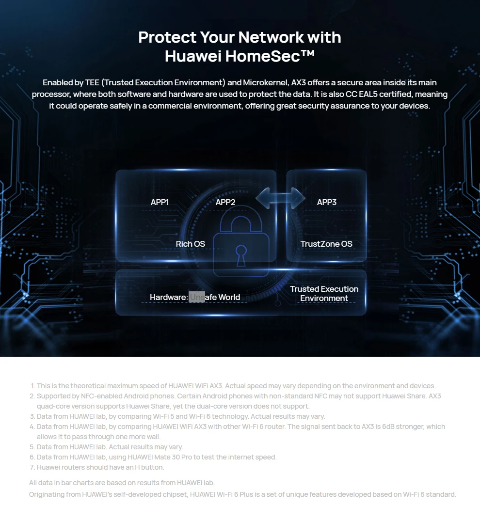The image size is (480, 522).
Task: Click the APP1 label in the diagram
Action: pos(160,202)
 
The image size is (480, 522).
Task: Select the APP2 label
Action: pos(225,202)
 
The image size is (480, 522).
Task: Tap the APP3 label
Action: pos(327,202)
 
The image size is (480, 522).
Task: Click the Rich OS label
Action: pos(191,244)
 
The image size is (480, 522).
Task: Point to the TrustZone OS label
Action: pos(326,244)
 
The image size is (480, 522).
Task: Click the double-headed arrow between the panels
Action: pos(280,197)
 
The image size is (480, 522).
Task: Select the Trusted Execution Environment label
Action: pos(324,294)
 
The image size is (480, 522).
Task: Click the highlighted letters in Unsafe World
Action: pos(197,297)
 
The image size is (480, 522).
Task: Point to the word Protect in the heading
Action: pos(164,37)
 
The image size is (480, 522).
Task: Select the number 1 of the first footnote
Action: pos(32,386)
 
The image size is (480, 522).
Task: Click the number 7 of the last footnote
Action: pos(32,468)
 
